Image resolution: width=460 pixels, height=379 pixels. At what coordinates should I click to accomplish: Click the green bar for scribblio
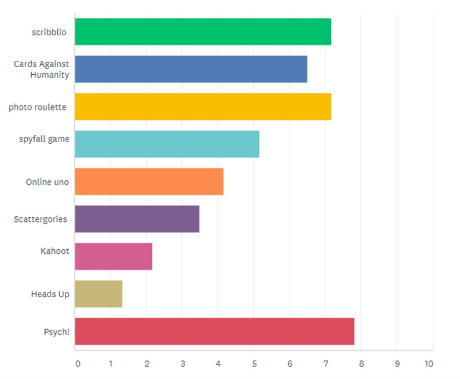[x=203, y=32]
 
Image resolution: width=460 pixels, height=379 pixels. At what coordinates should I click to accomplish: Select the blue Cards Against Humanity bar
[x=191, y=69]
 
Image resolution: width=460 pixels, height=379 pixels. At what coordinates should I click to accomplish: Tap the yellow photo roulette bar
[x=203, y=107]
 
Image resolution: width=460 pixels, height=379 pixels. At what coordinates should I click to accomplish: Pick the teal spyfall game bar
[x=167, y=144]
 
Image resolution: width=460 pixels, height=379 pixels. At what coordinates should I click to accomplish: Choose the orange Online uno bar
[x=149, y=181]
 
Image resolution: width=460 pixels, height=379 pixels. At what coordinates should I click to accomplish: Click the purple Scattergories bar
[x=137, y=219]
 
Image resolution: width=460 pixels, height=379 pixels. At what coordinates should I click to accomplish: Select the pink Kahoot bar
[x=114, y=256]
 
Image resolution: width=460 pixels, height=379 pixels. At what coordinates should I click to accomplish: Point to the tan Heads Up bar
[x=98, y=294]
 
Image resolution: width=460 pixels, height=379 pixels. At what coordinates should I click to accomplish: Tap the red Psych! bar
[x=214, y=331]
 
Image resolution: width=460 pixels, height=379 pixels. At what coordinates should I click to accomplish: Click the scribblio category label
[x=49, y=32]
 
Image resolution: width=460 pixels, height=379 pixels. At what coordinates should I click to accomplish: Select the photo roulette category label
[x=38, y=107]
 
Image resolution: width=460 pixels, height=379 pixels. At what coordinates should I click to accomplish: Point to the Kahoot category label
[x=55, y=251]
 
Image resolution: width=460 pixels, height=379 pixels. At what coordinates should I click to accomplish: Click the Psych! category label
[x=57, y=332]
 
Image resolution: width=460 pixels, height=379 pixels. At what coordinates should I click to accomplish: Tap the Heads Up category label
[x=50, y=294]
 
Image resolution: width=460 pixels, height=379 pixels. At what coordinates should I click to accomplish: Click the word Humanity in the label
[x=50, y=75]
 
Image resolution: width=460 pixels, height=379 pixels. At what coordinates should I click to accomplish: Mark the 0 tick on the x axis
[x=78, y=364]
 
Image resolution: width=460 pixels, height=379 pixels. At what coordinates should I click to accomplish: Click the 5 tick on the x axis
[x=254, y=364]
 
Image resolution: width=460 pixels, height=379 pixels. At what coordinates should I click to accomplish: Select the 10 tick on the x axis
[x=429, y=364]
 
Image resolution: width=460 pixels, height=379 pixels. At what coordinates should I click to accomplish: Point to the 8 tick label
[x=362, y=364]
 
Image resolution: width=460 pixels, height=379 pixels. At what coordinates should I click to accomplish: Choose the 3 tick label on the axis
[x=182, y=364]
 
